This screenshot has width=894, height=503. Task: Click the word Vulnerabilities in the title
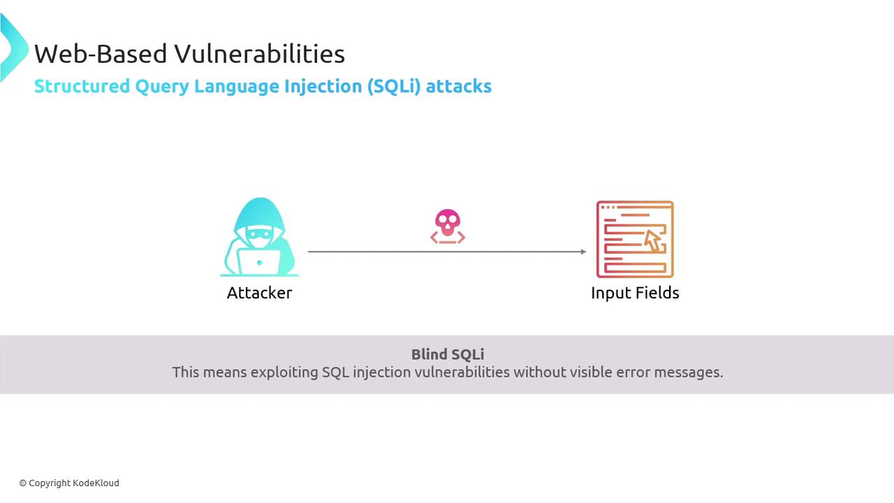pos(259,54)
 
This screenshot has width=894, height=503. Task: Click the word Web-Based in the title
pos(101,54)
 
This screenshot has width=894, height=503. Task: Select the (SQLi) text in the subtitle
pos(393,87)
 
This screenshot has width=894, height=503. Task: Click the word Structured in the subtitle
pos(82,86)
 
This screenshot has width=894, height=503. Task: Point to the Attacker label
pos(259,293)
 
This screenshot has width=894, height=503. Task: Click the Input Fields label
pos(635,293)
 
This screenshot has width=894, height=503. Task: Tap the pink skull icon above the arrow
pos(448,226)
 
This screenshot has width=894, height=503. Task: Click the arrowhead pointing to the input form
pos(583,251)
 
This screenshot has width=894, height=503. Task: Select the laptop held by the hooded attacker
pos(258,262)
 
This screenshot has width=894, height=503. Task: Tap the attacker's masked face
pos(259,237)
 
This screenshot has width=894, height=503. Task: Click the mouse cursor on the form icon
pos(653,241)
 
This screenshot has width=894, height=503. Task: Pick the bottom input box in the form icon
pos(635,268)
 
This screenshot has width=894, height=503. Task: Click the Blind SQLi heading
pos(448,354)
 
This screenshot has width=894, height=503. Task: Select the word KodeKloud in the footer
pos(96,483)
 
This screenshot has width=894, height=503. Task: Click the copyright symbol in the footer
pos(23,483)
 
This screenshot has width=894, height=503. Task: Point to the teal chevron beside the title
pos(13,48)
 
